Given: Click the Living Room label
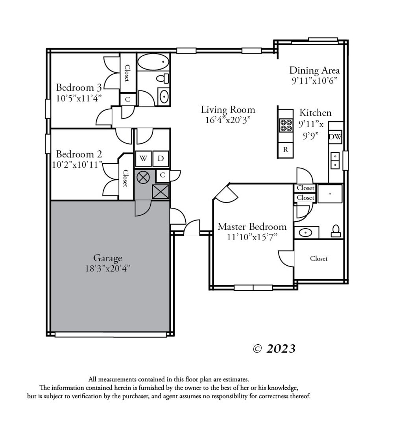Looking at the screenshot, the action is pyautogui.click(x=228, y=110).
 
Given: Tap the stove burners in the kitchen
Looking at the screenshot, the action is pyautogui.click(x=286, y=126).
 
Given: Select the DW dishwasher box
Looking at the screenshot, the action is pyautogui.click(x=335, y=137).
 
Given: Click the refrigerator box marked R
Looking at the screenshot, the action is pyautogui.click(x=286, y=150).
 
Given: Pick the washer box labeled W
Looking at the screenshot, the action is pyautogui.click(x=143, y=158).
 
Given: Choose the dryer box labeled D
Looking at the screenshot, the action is pyautogui.click(x=161, y=158).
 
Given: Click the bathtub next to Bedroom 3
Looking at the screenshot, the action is pyautogui.click(x=153, y=62).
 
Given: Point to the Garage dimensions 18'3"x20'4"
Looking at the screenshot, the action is pyautogui.click(x=107, y=269).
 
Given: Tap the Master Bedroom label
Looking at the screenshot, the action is pyautogui.click(x=252, y=227).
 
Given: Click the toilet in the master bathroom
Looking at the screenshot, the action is pyautogui.click(x=336, y=231).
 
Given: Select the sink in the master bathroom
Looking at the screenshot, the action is pyautogui.click(x=305, y=233).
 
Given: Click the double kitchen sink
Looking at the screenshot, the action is pyautogui.click(x=335, y=161).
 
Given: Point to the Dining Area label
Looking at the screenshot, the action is pyautogui.click(x=314, y=70).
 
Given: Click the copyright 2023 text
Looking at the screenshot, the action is pyautogui.click(x=274, y=349).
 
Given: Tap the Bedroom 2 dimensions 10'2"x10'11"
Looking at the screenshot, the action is pyautogui.click(x=77, y=164).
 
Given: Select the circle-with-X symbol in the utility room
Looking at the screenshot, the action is pyautogui.click(x=143, y=177).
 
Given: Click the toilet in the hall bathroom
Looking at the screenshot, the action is pyautogui.click(x=162, y=79).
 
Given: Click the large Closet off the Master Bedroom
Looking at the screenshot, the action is pyautogui.click(x=319, y=259).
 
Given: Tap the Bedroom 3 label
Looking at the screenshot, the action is pyautogui.click(x=79, y=87).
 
